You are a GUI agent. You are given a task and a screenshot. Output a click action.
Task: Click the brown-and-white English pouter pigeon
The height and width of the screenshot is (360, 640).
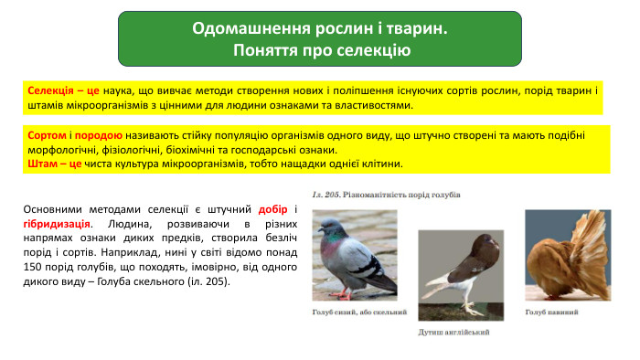point(454,274)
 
